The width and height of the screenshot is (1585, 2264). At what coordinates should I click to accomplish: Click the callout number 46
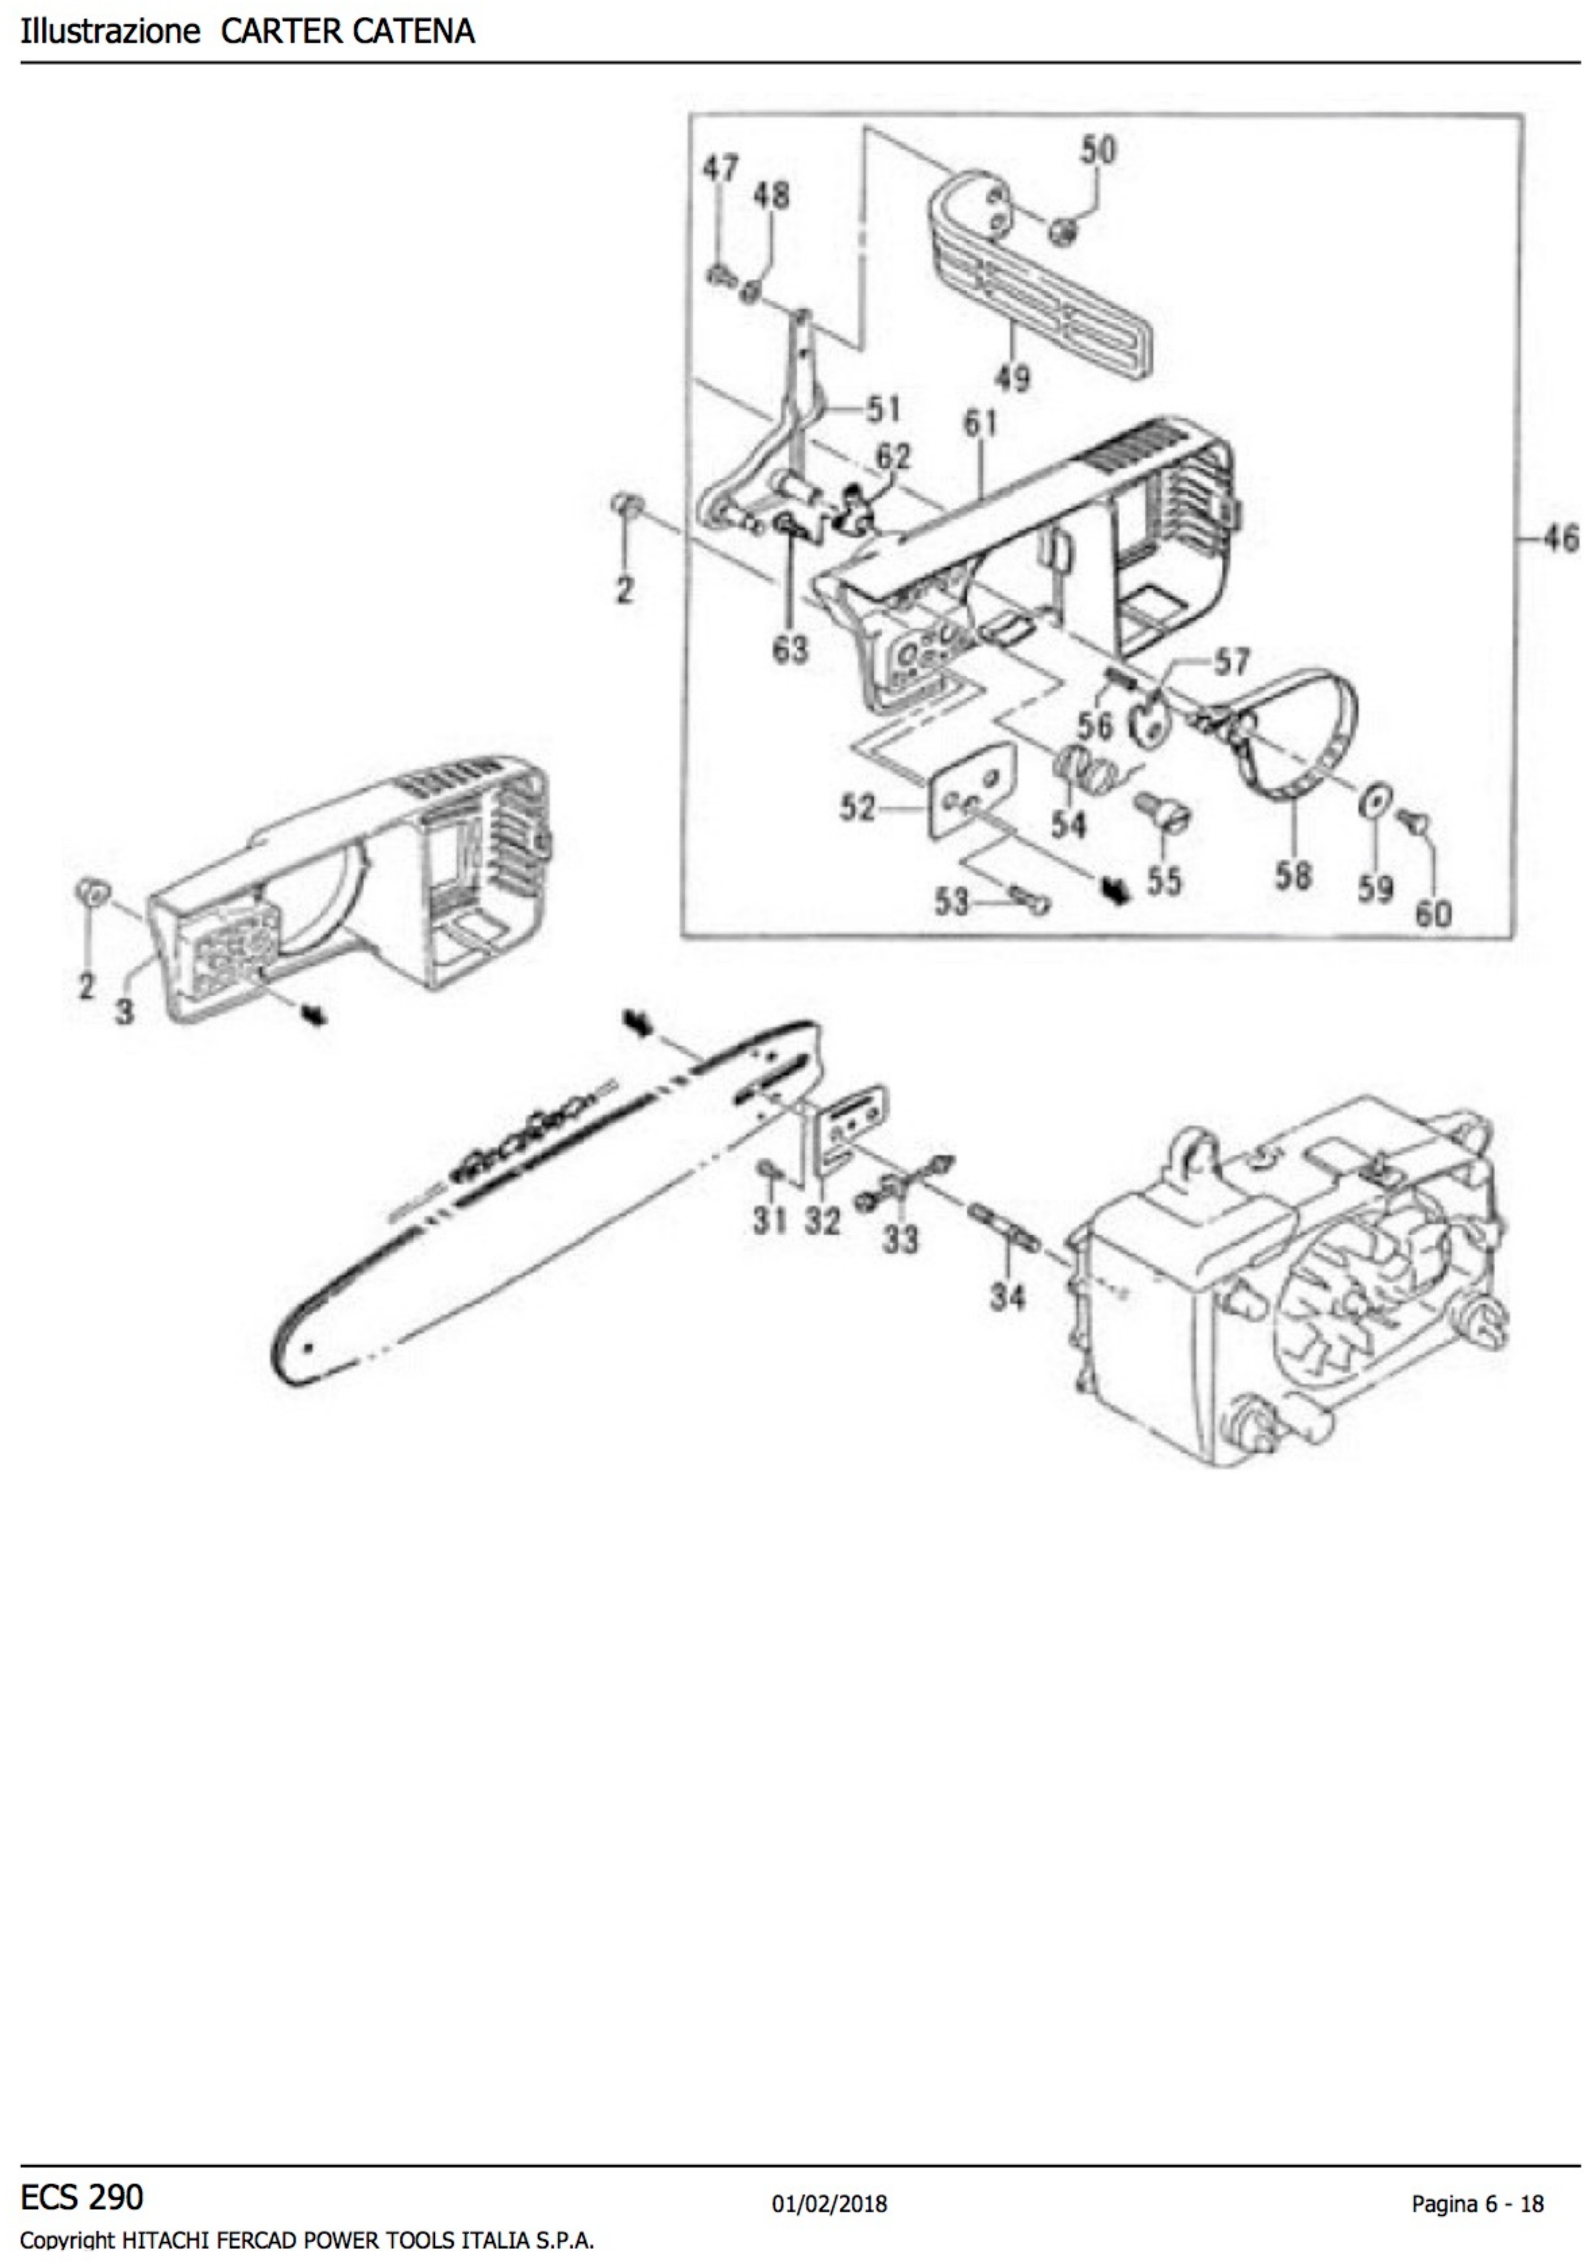tap(1558, 538)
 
